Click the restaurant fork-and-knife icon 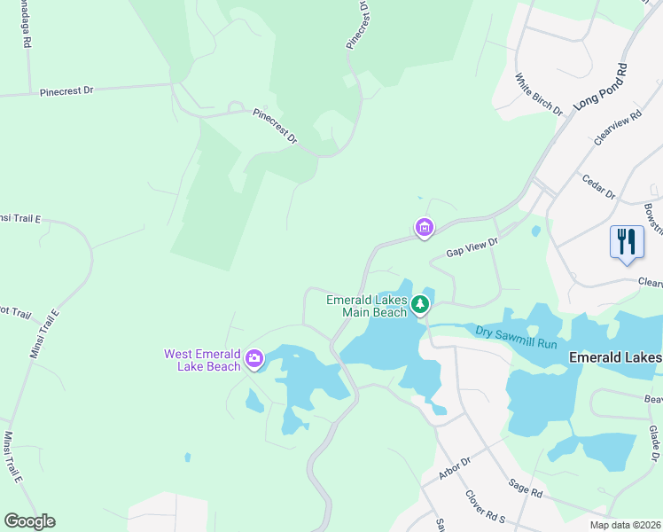pos(627,242)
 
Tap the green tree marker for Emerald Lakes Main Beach pos(419,306)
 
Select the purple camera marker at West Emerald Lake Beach pos(254,358)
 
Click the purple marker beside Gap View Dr pos(425,229)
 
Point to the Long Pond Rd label pos(599,87)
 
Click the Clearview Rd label pos(618,129)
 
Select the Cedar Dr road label pos(598,187)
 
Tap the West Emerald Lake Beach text pos(202,360)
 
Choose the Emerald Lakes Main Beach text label pos(367,305)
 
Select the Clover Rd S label pos(486,506)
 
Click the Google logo pos(29,521)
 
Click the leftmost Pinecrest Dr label pos(66,91)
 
